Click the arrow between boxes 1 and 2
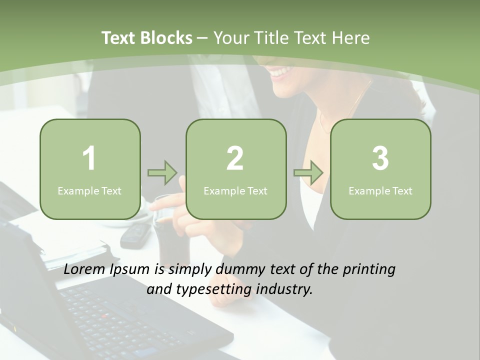tap(162, 172)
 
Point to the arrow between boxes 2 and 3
tap(308, 172)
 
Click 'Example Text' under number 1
tap(89, 190)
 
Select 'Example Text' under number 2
tap(235, 190)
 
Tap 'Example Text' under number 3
tap(380, 190)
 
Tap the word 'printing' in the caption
tap(369, 270)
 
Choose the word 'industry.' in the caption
tap(284, 289)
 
